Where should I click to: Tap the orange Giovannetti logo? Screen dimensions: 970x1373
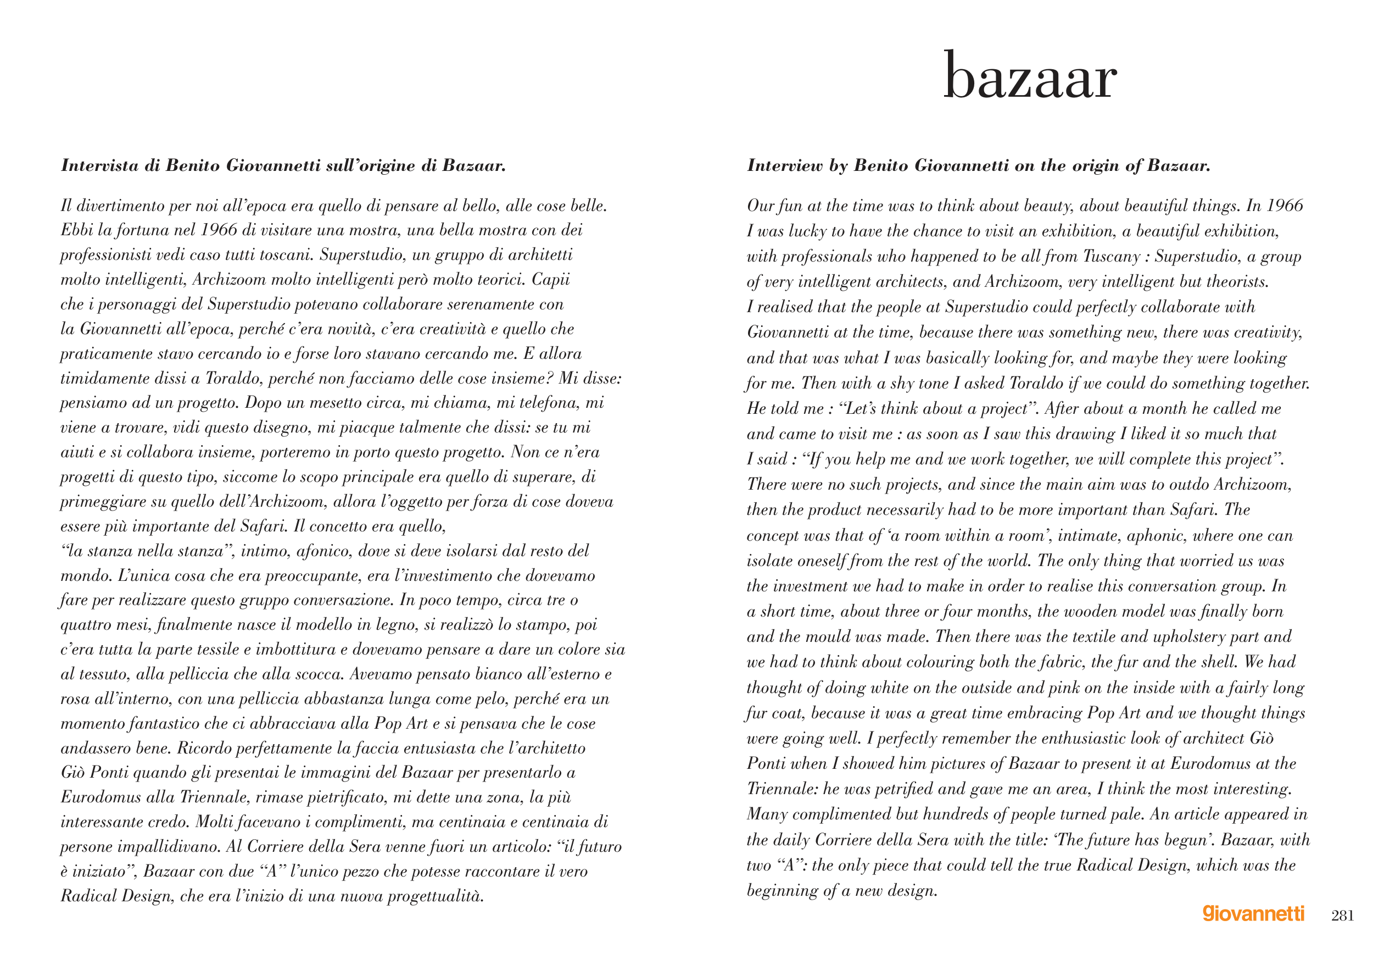[x=1253, y=914]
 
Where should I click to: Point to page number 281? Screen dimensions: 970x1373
[x=1342, y=916]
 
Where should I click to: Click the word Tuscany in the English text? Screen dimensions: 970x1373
[x=1112, y=257]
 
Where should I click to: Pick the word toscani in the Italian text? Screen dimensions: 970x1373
[x=282, y=255]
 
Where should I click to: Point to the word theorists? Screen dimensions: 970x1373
[x=1237, y=282]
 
